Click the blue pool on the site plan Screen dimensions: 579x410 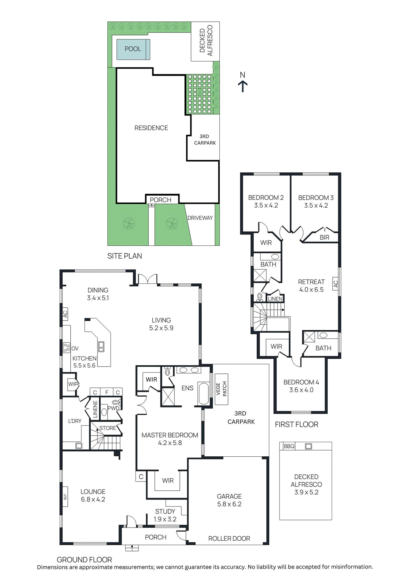click(133, 49)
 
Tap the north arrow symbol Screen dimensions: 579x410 click(243, 82)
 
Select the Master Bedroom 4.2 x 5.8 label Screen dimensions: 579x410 click(170, 439)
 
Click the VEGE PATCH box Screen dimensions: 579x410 click(221, 389)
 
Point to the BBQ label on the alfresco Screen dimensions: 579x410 click(289, 446)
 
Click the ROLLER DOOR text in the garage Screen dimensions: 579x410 click(229, 538)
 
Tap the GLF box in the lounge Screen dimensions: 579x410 click(65, 497)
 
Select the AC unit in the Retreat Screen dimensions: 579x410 click(336, 284)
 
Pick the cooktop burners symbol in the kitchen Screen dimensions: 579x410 click(66, 348)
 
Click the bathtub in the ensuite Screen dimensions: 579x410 click(203, 393)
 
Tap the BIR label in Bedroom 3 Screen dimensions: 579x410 click(324, 237)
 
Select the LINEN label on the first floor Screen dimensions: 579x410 click(275, 299)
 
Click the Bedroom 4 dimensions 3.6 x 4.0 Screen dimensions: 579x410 click(301, 390)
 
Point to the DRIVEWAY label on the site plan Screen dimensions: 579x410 click(200, 218)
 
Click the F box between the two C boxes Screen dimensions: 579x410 click(107, 392)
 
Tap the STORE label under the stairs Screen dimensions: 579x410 click(108, 428)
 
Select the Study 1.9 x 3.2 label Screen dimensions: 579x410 click(165, 515)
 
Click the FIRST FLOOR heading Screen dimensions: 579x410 click(297, 424)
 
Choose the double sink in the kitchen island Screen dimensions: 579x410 click(101, 347)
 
